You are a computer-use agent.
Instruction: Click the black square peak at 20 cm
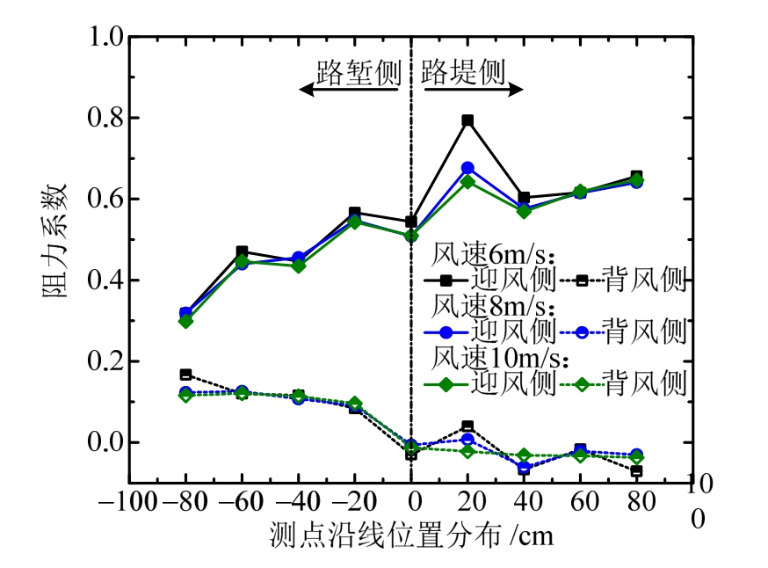coord(467,120)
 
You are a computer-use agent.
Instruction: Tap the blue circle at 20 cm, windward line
coord(467,168)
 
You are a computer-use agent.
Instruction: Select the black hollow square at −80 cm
coord(185,375)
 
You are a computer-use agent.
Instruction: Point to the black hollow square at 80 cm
coord(636,471)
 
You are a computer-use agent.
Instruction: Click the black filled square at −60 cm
coord(242,252)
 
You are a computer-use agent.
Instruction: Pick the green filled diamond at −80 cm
coord(185,321)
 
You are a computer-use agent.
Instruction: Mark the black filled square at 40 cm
coord(524,198)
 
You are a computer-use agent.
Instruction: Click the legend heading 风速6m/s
coord(494,256)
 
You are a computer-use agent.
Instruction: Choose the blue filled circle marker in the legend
coord(446,332)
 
